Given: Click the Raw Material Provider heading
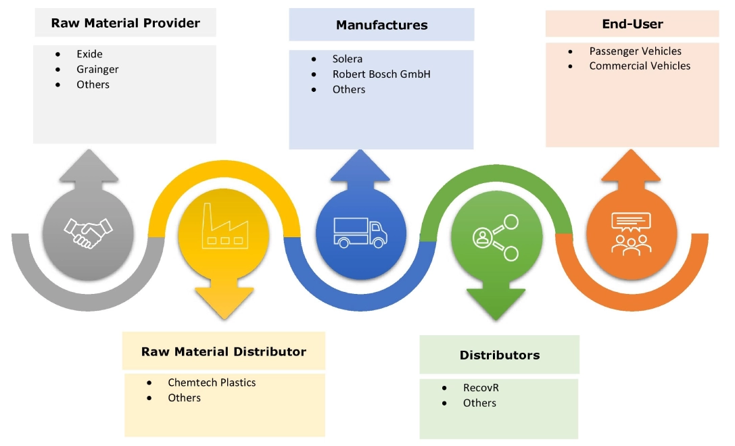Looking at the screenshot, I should (126, 23).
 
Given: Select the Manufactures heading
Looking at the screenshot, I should (381, 25).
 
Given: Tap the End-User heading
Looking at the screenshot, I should (632, 24).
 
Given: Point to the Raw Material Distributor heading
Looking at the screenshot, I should (223, 351).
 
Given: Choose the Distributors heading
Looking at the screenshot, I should (499, 355).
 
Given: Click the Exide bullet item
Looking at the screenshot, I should (89, 53).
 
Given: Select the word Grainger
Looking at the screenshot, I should (97, 69).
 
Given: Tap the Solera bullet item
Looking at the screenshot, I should (348, 59).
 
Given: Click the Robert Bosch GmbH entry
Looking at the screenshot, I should (381, 74).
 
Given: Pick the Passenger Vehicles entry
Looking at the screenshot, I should (635, 51).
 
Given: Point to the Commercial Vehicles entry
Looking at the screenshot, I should (640, 66).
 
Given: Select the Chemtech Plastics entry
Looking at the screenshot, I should (212, 382).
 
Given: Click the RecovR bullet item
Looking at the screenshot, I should (481, 388).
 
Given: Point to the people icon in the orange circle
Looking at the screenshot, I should (632, 233).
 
